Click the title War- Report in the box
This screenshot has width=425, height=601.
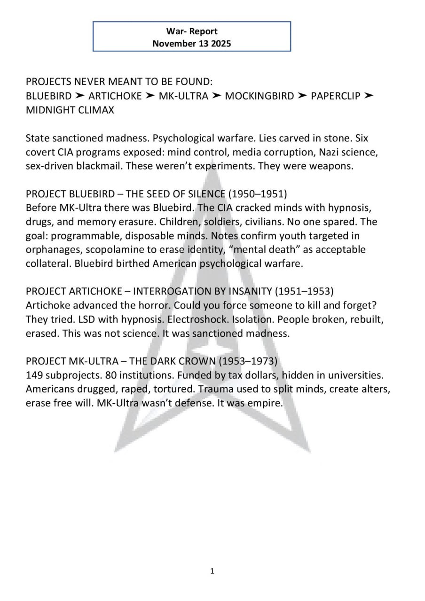click(x=192, y=31)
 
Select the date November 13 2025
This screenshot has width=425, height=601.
click(x=192, y=44)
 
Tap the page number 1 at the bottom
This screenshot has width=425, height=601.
click(x=212, y=571)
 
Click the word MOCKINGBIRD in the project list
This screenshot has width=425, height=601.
click(x=260, y=96)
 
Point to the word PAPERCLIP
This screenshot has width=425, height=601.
click(x=336, y=96)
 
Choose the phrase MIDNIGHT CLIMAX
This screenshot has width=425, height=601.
click(x=70, y=110)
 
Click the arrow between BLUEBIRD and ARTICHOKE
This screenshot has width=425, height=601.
click(x=80, y=96)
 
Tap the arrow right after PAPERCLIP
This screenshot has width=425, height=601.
click(x=369, y=96)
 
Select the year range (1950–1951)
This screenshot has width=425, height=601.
click(x=258, y=194)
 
